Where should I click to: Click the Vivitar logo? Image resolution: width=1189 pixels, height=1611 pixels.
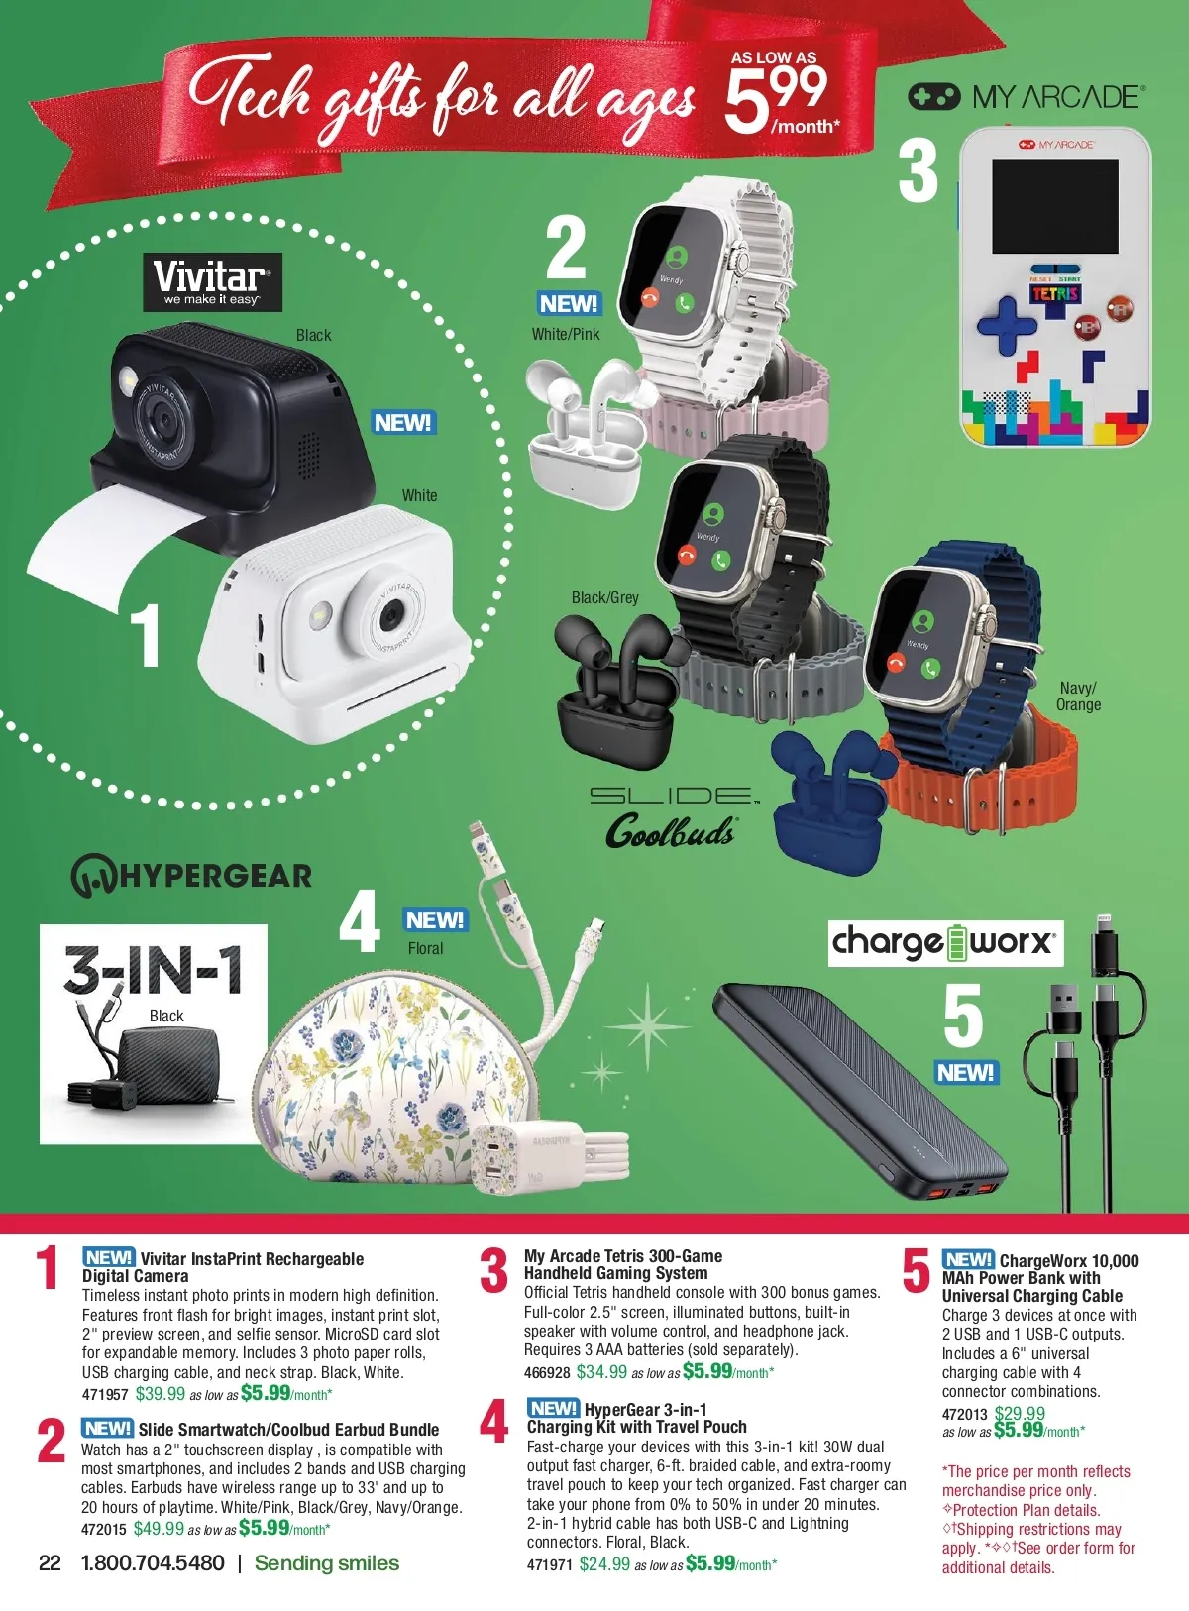212,282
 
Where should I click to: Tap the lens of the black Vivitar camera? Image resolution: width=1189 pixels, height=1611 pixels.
162,420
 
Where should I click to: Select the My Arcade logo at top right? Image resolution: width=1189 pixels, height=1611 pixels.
1027,97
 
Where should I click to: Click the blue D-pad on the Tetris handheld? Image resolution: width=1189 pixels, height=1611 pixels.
1006,325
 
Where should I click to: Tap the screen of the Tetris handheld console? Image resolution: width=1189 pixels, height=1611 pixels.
1055,206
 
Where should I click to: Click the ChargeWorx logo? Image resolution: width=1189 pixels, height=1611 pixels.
945,943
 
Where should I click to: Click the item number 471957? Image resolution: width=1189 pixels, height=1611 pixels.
105,1395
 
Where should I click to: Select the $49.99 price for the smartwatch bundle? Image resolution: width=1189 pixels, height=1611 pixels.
159,1529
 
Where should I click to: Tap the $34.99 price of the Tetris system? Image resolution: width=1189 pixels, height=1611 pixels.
601,1373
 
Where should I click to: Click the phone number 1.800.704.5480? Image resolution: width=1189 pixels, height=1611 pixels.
153,1563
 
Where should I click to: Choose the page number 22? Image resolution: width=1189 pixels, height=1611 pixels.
50,1563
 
